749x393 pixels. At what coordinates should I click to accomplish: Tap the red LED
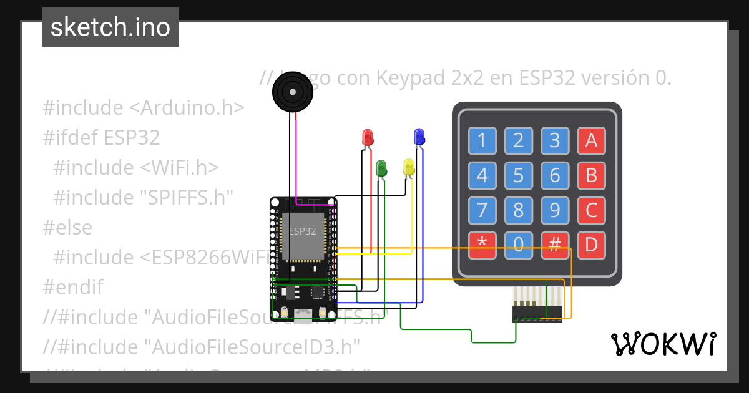click(368, 137)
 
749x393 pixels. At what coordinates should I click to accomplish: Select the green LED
click(381, 167)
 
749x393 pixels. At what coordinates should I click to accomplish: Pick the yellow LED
click(409, 167)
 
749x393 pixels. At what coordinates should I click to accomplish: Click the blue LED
click(419, 135)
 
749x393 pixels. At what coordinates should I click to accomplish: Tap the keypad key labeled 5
click(518, 176)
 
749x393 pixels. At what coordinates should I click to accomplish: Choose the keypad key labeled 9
click(554, 211)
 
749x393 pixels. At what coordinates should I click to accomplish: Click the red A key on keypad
click(591, 141)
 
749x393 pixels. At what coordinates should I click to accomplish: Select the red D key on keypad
click(591, 246)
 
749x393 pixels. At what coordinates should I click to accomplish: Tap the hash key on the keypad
click(554, 246)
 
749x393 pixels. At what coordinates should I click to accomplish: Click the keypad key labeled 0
click(518, 246)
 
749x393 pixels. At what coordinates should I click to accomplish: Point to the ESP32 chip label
click(303, 230)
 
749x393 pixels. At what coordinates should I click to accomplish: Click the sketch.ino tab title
click(110, 27)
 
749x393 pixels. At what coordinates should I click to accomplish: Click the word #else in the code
click(67, 227)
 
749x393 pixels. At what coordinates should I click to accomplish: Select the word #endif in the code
click(72, 287)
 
